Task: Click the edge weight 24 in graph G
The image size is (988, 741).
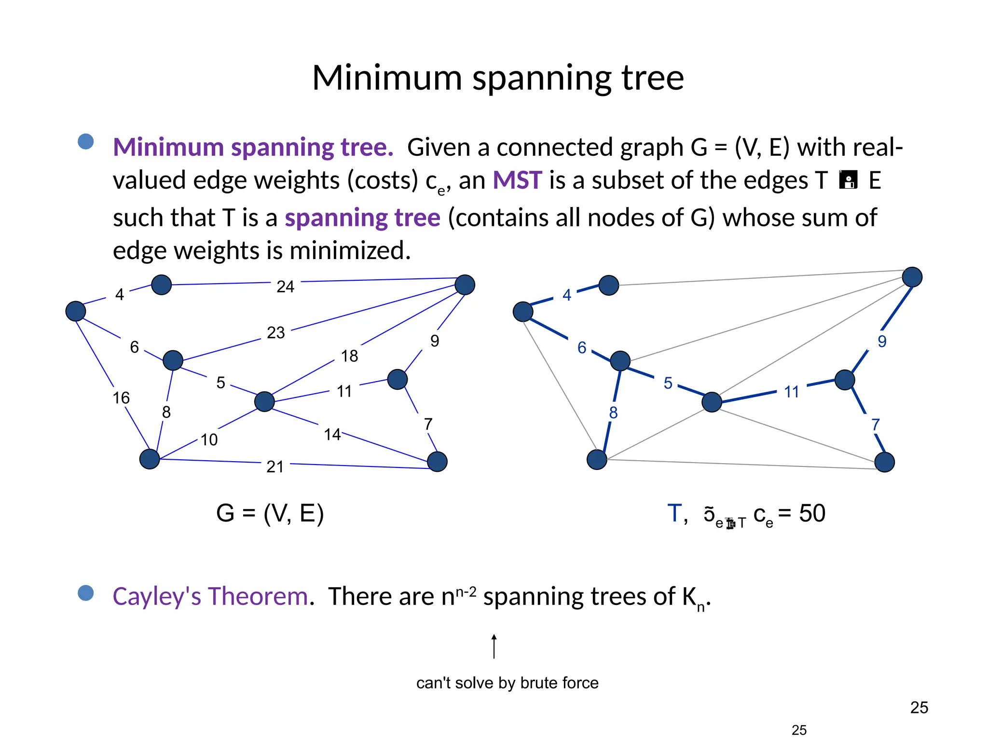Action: coord(285,287)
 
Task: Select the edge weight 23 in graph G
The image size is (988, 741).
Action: coord(276,332)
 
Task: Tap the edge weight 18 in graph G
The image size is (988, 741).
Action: coord(349,356)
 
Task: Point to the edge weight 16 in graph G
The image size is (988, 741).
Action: coord(121,398)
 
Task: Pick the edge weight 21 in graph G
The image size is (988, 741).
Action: coord(275,467)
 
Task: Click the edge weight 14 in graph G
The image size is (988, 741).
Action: coord(332,435)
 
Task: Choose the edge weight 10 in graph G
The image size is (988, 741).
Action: coord(209,439)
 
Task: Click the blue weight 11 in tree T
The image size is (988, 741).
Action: coord(791,392)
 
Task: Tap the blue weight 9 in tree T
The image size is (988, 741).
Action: coord(882,342)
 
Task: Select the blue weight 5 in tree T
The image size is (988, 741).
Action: coord(668,383)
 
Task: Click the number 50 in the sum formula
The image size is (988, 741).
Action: coord(812,513)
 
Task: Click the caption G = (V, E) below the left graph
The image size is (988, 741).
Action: coord(270,513)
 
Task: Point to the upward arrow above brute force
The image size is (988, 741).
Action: coord(494,646)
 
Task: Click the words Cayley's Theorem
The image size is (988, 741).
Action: coord(210,596)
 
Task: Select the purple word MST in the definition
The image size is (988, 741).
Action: coord(517,180)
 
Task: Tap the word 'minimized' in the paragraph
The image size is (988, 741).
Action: coord(350,251)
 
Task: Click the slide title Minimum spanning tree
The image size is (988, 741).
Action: coord(498,78)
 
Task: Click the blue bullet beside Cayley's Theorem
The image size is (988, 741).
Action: coord(86,593)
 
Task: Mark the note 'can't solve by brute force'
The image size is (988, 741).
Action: coord(507,683)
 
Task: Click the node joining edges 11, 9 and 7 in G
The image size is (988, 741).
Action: coord(398,380)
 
